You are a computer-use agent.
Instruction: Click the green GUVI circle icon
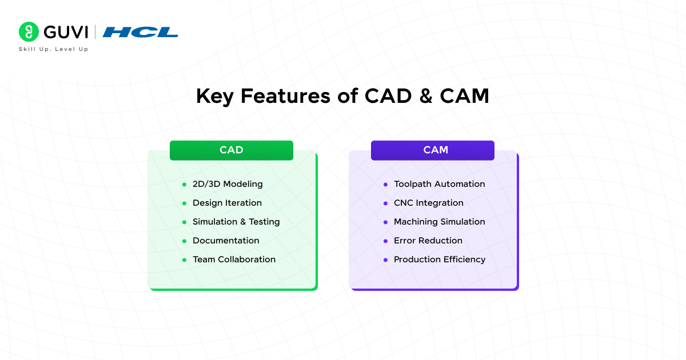click(29, 31)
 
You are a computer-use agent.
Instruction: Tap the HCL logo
click(140, 32)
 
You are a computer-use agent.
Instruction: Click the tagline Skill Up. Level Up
click(54, 49)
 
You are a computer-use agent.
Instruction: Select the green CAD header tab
click(232, 150)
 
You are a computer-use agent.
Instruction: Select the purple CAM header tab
click(433, 150)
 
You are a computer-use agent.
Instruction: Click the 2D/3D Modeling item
click(228, 184)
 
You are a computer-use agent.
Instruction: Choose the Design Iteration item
click(228, 203)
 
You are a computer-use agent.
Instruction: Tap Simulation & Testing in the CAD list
click(236, 222)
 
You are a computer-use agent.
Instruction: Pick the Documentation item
click(226, 241)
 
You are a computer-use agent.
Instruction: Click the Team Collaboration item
click(234, 259)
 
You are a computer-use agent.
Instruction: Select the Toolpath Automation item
click(440, 184)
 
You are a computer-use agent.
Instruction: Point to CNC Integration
click(429, 203)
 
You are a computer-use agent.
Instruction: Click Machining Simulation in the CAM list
click(440, 222)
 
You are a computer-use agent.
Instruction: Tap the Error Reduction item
click(428, 241)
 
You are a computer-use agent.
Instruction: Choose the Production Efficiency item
click(440, 259)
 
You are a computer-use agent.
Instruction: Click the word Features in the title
click(285, 96)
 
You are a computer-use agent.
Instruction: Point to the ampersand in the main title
click(426, 96)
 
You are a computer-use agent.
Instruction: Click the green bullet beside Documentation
click(184, 241)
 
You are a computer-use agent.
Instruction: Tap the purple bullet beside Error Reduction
click(385, 241)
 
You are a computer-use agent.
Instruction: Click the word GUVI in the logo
click(66, 32)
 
